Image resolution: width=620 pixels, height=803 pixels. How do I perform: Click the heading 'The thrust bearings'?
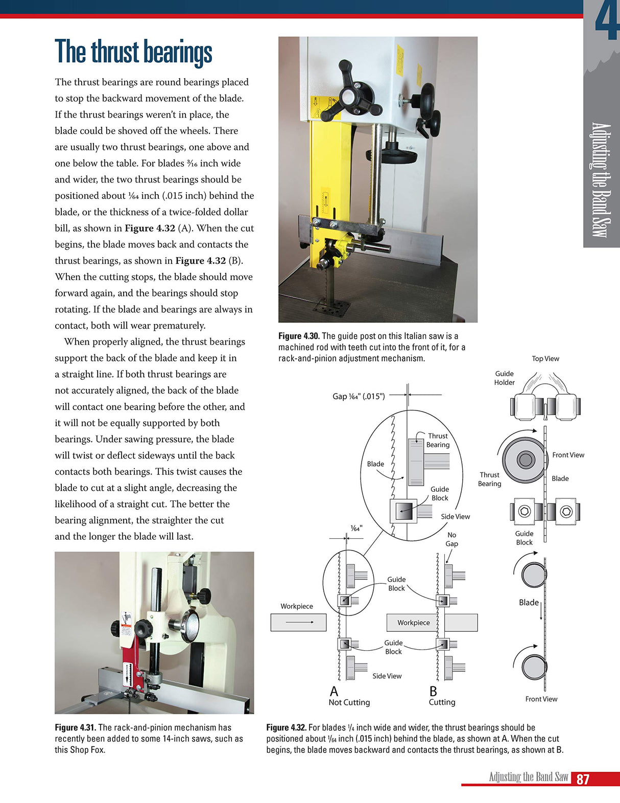(133, 52)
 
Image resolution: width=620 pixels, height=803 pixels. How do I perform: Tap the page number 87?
(583, 779)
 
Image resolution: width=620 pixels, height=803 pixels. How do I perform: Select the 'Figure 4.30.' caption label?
(299, 336)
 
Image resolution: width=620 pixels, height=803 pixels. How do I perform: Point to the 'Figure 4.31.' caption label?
(75, 727)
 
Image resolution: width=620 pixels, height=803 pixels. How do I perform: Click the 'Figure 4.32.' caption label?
(286, 727)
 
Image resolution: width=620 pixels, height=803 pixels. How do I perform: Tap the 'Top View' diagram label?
(545, 358)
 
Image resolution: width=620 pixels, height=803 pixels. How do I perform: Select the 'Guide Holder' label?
(504, 378)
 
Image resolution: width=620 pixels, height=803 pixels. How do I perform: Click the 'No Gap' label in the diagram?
(451, 539)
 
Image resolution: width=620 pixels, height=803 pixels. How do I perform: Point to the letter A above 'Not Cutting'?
(334, 692)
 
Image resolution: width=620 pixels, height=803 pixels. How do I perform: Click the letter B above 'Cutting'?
(433, 692)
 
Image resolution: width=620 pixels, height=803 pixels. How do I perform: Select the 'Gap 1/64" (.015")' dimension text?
(359, 396)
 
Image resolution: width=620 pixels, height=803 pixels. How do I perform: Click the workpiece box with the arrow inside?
(298, 622)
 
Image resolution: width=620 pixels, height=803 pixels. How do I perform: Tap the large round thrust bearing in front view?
(525, 460)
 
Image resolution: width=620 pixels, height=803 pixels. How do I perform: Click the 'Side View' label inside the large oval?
(455, 516)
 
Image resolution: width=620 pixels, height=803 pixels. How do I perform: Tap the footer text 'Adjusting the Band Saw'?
(528, 777)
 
